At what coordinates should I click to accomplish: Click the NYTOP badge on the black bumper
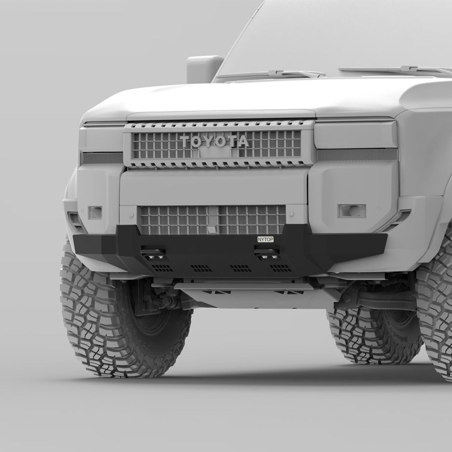click(x=265, y=239)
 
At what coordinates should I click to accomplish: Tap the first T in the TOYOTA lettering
click(x=186, y=141)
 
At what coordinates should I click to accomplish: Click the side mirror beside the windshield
click(x=204, y=69)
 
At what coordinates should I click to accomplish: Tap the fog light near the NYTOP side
click(x=352, y=211)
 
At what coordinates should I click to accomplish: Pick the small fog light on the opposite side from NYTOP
click(x=95, y=212)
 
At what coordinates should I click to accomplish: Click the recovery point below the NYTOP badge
click(x=266, y=253)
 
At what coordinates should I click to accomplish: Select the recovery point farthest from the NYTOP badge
click(x=153, y=254)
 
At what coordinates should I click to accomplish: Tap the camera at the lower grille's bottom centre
click(x=211, y=230)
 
